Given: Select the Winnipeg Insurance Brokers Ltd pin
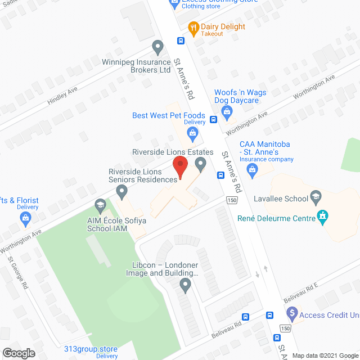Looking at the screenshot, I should [x=158, y=46].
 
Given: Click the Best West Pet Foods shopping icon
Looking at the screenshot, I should [x=192, y=133].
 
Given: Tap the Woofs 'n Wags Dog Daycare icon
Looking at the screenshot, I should [x=227, y=111].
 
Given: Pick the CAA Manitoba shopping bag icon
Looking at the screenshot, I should [x=253, y=169].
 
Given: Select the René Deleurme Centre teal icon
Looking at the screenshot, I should [x=322, y=217].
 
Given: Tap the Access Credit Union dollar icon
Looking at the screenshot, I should [x=291, y=313].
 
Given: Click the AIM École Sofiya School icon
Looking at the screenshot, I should [x=101, y=204].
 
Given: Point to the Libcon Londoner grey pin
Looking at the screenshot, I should [x=186, y=286].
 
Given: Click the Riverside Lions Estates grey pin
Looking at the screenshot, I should [x=200, y=164].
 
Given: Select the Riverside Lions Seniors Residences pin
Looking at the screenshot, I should [x=121, y=192].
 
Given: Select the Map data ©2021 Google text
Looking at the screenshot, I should [x=325, y=355].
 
